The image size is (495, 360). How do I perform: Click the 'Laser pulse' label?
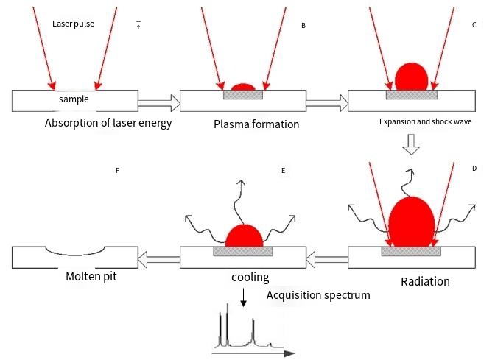(73, 24)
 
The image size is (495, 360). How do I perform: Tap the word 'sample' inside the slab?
(74, 99)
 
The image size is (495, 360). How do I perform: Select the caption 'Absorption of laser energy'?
(108, 123)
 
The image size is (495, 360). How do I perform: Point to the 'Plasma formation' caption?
(256, 124)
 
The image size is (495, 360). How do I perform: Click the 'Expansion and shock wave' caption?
(426, 121)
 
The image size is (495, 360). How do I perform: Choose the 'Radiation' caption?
(425, 281)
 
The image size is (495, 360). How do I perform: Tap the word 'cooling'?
(250, 278)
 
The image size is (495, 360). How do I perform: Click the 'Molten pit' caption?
(91, 276)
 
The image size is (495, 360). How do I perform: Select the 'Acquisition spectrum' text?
(318, 295)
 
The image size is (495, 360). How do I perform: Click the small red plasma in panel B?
(243, 87)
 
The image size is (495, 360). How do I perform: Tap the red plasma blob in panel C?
(412, 77)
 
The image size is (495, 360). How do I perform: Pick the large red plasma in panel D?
(412, 223)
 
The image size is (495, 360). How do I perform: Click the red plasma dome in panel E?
(244, 236)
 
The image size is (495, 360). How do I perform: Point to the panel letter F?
(117, 171)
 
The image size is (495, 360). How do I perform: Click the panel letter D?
(474, 169)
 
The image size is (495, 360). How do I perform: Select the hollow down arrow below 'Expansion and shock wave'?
(411, 144)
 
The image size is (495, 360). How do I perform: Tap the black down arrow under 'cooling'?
(243, 297)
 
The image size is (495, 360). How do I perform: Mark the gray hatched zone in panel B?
(243, 95)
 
